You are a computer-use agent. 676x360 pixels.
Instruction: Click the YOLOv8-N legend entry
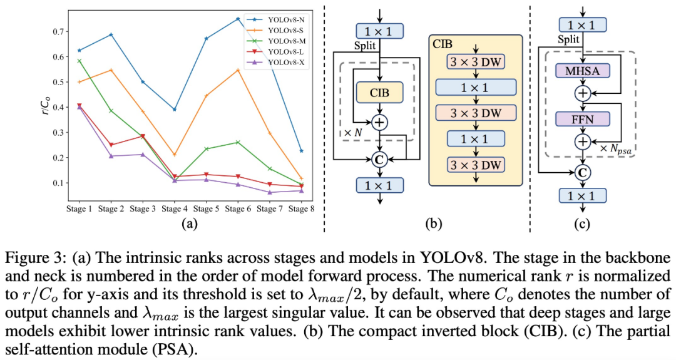tap(277, 19)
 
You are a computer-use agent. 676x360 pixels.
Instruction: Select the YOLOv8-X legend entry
tap(277, 63)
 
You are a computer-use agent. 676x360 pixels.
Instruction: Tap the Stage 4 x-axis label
tap(174, 209)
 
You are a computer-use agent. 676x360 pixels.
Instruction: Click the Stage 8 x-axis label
tap(301, 209)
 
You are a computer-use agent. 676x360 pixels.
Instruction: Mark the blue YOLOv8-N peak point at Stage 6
tap(238, 19)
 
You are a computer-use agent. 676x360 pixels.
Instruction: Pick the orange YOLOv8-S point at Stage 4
tap(174, 155)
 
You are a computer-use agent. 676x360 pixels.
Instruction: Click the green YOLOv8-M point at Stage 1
tap(79, 61)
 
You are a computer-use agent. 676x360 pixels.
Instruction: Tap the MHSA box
tap(583, 71)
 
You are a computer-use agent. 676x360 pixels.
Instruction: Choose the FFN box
tap(583, 118)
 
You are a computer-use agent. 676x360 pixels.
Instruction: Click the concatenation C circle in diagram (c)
tap(583, 172)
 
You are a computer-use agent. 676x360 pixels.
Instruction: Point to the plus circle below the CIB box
tap(379, 123)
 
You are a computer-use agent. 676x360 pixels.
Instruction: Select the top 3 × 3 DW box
tap(476, 63)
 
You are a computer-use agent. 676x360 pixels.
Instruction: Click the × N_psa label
tap(618, 149)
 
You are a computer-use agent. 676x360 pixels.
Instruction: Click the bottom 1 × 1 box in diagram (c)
tap(583, 196)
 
